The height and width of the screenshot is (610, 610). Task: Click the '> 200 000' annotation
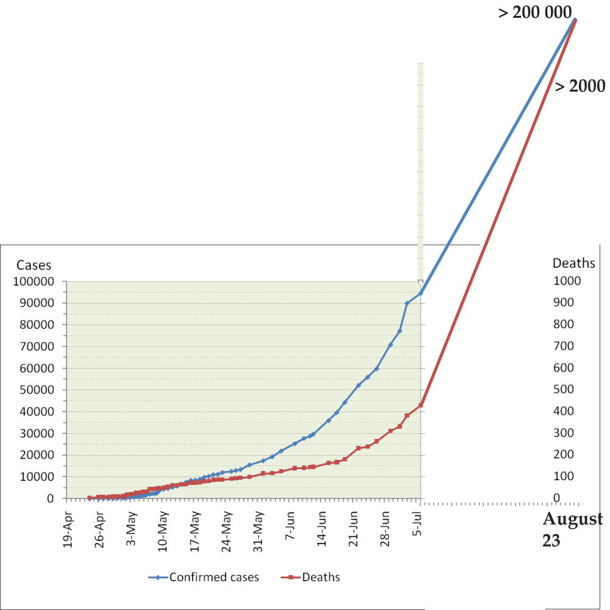point(535,12)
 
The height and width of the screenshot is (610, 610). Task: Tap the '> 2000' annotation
point(579,86)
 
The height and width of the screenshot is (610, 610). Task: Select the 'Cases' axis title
point(34,265)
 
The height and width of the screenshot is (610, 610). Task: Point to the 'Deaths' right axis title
point(573,264)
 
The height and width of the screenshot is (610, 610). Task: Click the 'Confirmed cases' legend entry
point(213,577)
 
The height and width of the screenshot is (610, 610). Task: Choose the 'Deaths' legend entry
point(321,577)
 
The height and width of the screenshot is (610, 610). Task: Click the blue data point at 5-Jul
point(421,293)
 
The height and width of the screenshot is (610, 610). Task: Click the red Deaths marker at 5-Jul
point(421,405)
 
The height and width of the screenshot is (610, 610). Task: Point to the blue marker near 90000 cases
point(407,303)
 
